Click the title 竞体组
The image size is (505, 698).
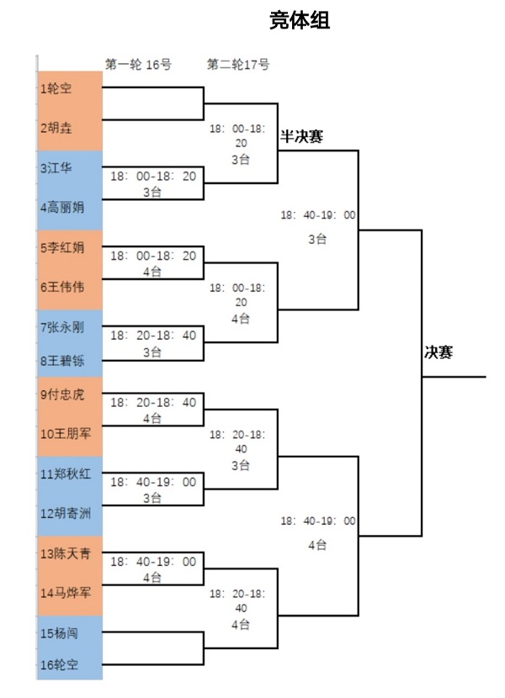tap(300, 21)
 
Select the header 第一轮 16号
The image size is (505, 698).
tap(138, 65)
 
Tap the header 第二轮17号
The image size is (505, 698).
tap(238, 65)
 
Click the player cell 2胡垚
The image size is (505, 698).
tap(70, 129)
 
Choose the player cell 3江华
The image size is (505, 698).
tap(70, 168)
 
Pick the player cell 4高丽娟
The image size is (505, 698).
tap(70, 206)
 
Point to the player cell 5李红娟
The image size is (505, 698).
tap(70, 248)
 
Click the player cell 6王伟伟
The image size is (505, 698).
tap(70, 287)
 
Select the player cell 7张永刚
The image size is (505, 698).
tap(70, 326)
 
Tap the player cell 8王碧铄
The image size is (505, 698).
tap(70, 363)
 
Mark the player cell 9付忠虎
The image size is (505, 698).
tap(70, 394)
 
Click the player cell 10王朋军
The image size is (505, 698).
tap(70, 435)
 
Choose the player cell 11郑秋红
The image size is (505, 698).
tap(70, 474)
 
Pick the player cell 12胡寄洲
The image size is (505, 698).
tap(70, 513)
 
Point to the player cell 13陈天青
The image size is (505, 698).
tap(70, 553)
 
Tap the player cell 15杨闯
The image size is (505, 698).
tap(70, 632)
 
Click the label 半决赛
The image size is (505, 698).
tap(301, 136)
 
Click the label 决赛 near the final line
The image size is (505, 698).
tap(438, 352)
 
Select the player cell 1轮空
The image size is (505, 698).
tap(70, 88)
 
